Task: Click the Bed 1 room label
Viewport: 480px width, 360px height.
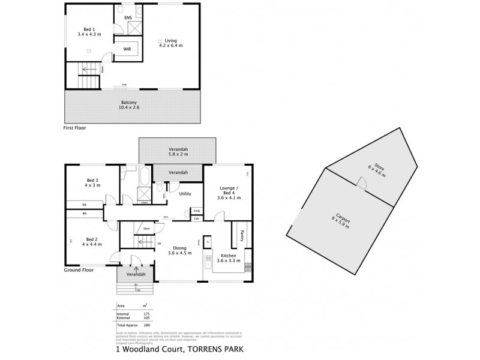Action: (x=90, y=32)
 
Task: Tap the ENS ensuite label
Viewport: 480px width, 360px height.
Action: (x=128, y=18)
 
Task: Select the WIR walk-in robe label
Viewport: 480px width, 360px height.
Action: (x=127, y=49)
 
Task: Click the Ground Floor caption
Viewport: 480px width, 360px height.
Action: (x=78, y=271)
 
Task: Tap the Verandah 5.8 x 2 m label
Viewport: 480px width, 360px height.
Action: (x=177, y=152)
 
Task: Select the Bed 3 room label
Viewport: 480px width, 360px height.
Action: (x=93, y=183)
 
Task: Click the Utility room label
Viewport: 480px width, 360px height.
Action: (x=185, y=194)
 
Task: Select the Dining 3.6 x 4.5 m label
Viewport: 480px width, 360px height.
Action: (x=179, y=251)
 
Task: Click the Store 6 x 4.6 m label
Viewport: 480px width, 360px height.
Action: (x=377, y=171)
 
